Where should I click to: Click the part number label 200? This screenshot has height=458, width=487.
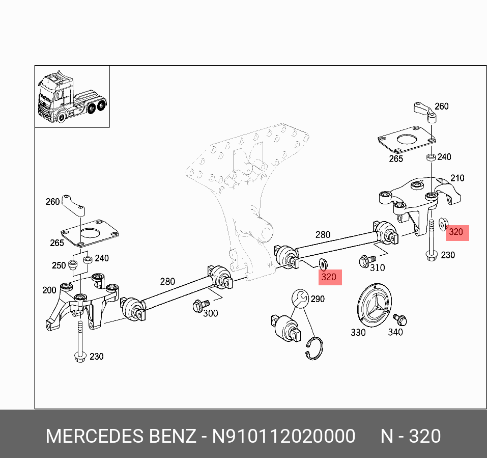[x=49, y=290]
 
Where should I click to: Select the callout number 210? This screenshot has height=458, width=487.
[x=457, y=178]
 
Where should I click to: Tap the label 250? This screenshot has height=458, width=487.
[x=59, y=265]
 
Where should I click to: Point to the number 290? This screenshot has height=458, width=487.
[x=317, y=299]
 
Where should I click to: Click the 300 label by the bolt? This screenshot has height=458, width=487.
[x=210, y=313]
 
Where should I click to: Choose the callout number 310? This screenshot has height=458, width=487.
[x=377, y=267]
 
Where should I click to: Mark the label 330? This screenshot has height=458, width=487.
[x=358, y=332]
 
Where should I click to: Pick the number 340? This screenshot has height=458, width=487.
[x=395, y=332]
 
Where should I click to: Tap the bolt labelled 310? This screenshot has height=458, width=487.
[x=365, y=261]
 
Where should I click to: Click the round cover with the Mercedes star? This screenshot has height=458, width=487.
[x=374, y=304]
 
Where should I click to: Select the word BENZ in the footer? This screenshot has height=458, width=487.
[x=172, y=437]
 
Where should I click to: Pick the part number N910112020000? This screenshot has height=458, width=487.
[x=283, y=437]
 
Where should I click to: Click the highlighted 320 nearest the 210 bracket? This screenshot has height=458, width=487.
[x=456, y=233]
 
